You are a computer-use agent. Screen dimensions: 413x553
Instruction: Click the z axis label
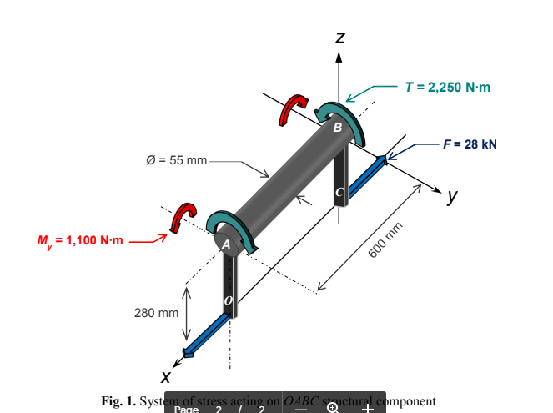[x=339, y=38]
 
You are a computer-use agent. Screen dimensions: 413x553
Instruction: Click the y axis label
[x=451, y=197]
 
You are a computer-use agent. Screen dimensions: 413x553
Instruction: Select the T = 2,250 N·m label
[x=447, y=87]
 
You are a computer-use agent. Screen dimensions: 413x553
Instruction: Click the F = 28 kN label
[x=470, y=144]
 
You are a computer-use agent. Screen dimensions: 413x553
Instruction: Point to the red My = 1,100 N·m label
[x=80, y=241]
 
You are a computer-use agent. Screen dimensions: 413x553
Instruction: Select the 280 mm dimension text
[x=157, y=313]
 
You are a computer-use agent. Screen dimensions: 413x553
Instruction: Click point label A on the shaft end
[x=224, y=244]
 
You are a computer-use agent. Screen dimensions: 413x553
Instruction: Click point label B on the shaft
[x=337, y=128]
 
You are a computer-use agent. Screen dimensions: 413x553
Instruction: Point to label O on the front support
[x=229, y=299]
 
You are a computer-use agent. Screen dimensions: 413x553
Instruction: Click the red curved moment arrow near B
[x=292, y=108]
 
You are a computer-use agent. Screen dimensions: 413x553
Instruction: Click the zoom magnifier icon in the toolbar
[x=333, y=407]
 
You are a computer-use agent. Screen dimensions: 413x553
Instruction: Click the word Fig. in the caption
[x=113, y=401]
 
